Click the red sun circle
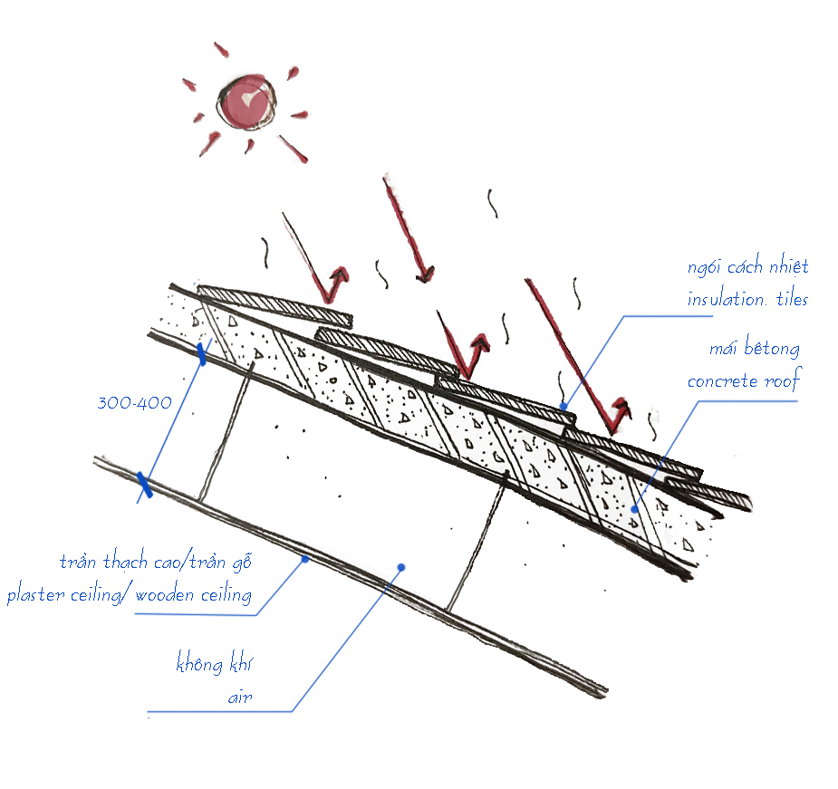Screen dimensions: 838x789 click(x=246, y=102)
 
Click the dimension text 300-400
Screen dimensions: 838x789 click(x=135, y=402)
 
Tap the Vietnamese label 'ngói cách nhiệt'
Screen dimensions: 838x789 click(x=747, y=265)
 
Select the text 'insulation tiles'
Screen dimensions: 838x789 click(x=747, y=298)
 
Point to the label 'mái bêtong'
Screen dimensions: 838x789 click(x=755, y=348)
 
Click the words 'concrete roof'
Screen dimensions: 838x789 click(x=745, y=380)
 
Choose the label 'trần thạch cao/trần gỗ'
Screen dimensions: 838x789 click(x=156, y=562)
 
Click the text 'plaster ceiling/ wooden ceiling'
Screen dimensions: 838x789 click(x=130, y=594)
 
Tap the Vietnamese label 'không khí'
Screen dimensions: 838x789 click(x=215, y=662)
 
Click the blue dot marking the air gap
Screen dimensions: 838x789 click(x=401, y=567)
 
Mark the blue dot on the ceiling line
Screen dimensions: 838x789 click(x=305, y=559)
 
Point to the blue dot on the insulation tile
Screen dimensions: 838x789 click(x=563, y=406)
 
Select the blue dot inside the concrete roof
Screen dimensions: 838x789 click(x=635, y=509)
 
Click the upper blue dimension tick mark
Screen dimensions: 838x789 click(x=201, y=354)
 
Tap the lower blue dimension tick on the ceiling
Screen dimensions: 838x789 click(x=145, y=485)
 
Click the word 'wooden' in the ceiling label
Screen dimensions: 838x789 click(x=164, y=594)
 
